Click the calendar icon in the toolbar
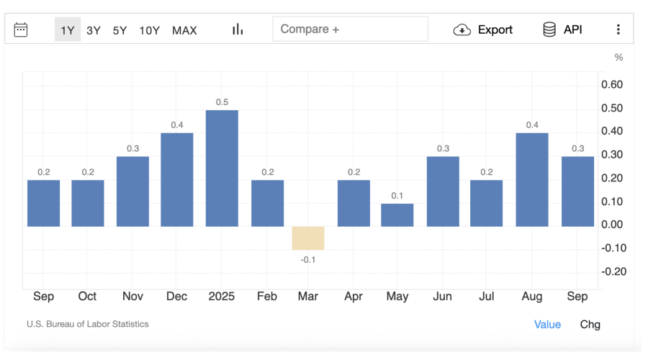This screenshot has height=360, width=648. (21, 30)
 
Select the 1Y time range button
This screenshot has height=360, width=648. (68, 30)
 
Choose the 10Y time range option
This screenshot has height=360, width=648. (149, 30)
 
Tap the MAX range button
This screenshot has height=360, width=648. (184, 30)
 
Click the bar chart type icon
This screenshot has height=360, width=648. (238, 30)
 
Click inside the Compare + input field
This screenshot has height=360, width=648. (350, 29)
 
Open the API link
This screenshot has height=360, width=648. (562, 30)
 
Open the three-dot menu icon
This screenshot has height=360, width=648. (618, 30)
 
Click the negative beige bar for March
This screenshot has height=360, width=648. (308, 238)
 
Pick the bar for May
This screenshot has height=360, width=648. (397, 215)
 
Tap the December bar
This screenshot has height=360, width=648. (177, 179)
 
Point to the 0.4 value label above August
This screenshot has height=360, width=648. (532, 125)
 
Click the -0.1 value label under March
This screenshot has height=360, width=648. (308, 259)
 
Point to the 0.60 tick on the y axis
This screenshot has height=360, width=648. (611, 85)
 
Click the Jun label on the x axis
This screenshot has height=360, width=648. (443, 297)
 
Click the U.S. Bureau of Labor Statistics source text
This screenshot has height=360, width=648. (88, 324)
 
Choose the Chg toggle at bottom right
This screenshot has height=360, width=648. (590, 325)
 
